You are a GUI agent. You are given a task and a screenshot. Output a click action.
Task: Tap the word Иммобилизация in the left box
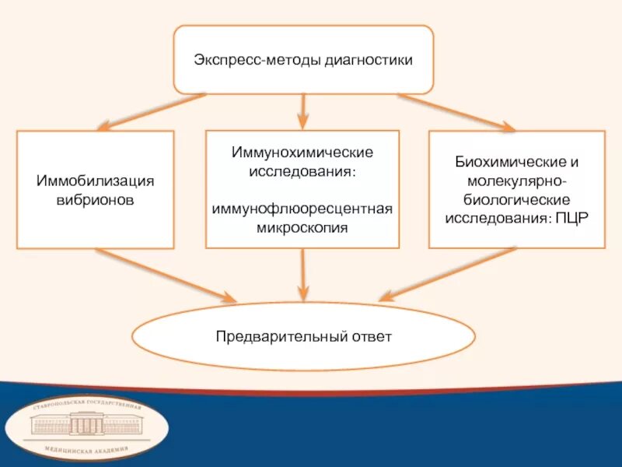95,181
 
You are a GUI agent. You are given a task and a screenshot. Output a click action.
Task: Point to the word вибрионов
95,200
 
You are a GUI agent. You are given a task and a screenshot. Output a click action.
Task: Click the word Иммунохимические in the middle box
302,150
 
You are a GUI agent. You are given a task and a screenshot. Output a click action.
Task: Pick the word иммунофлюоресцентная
302,209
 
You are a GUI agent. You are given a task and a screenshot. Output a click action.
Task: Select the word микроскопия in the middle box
302,229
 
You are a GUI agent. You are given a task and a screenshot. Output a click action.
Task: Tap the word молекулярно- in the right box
517,181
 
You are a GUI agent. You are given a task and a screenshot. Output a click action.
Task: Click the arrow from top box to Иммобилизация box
152,111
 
